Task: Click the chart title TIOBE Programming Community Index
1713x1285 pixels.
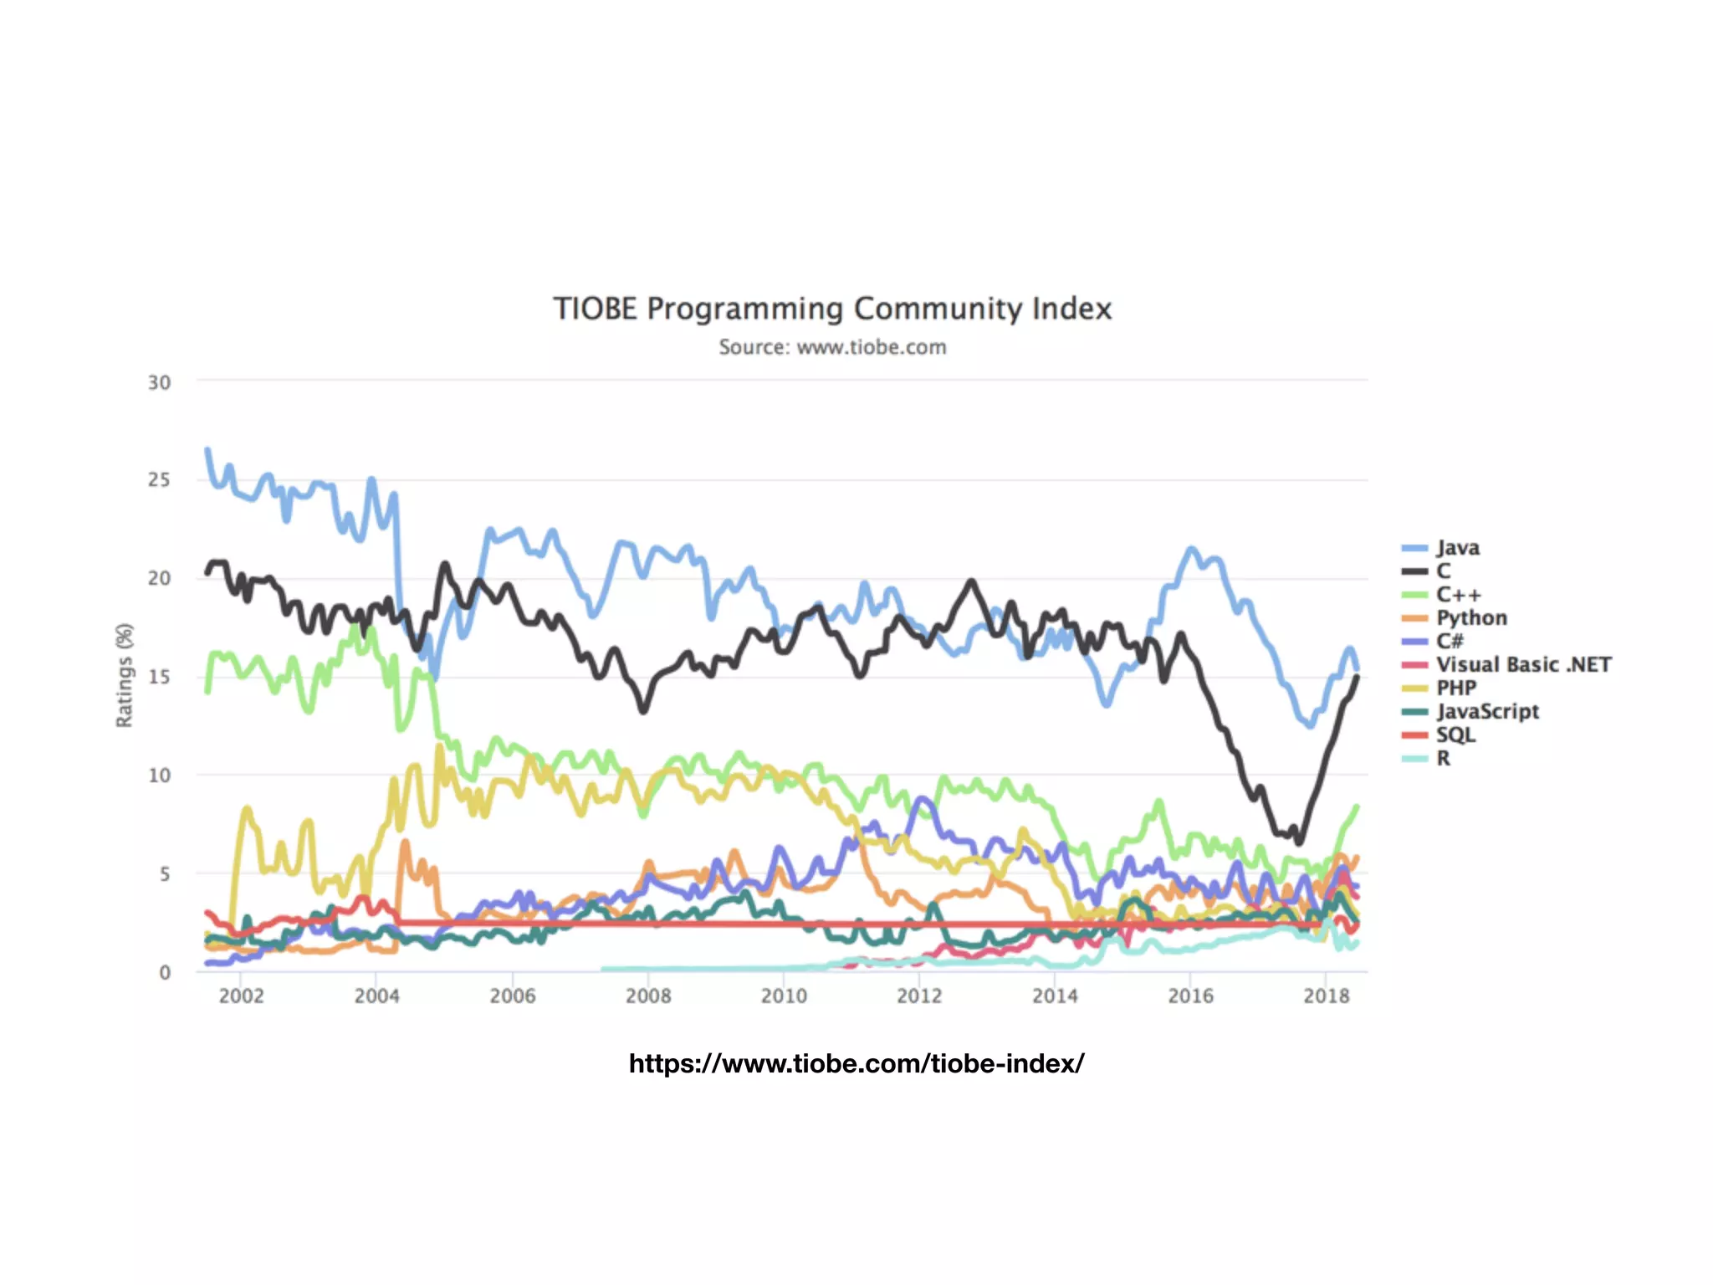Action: pyautogui.click(x=832, y=309)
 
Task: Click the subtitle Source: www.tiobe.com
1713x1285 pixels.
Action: pyautogui.click(x=832, y=347)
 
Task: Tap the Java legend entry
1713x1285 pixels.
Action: pyautogui.click(x=1457, y=548)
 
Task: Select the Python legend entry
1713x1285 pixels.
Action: pyautogui.click(x=1471, y=618)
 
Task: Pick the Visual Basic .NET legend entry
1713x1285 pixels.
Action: pyautogui.click(x=1522, y=665)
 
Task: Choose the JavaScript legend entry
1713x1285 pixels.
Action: pyautogui.click(x=1487, y=712)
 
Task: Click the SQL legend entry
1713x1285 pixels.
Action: pyautogui.click(x=1455, y=735)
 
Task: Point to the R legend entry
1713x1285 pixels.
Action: pyautogui.click(x=1443, y=759)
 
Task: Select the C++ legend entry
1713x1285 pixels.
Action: pyautogui.click(x=1458, y=595)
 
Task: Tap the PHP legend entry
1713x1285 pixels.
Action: pyautogui.click(x=1455, y=689)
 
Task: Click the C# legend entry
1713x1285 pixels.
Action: pyautogui.click(x=1450, y=642)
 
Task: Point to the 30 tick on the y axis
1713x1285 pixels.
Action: pyautogui.click(x=159, y=383)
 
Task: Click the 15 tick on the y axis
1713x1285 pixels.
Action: pyautogui.click(x=159, y=677)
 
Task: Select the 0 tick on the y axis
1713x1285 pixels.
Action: pyautogui.click(x=165, y=972)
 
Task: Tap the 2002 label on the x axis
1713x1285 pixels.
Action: pyautogui.click(x=241, y=996)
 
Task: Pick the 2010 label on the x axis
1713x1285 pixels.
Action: pyautogui.click(x=784, y=996)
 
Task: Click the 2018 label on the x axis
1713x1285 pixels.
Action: pyautogui.click(x=1326, y=996)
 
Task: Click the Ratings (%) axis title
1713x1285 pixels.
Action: pyautogui.click(x=125, y=675)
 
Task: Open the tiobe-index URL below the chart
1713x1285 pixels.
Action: pyautogui.click(x=856, y=1063)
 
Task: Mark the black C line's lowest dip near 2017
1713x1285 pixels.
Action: pyautogui.click(x=1299, y=841)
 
